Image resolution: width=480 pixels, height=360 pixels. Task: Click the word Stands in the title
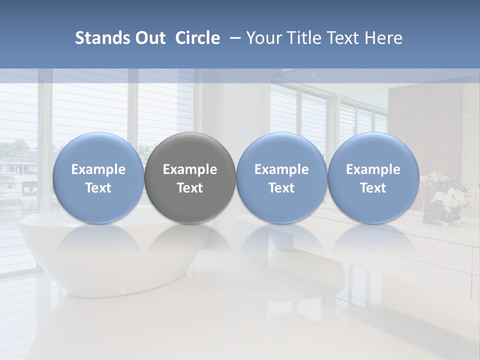(101, 38)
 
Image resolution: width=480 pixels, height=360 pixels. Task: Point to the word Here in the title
(383, 38)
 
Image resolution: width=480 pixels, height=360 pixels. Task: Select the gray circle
(190, 178)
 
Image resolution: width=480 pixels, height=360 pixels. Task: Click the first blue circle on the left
(98, 178)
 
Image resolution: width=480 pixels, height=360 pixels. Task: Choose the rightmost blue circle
(373, 178)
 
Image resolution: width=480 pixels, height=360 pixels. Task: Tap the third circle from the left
(281, 178)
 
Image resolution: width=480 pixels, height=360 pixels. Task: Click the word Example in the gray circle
(190, 169)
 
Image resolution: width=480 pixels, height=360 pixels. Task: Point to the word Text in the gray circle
(190, 188)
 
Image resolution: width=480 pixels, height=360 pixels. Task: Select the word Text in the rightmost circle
(373, 188)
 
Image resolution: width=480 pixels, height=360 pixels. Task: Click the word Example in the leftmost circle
(98, 169)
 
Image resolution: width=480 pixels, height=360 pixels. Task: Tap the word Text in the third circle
(281, 188)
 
